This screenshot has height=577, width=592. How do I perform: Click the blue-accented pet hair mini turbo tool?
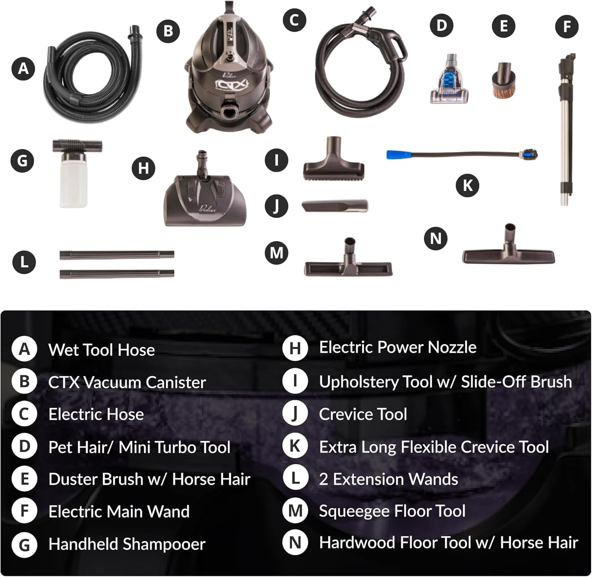[x=449, y=79]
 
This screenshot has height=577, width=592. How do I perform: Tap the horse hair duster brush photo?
[x=504, y=80]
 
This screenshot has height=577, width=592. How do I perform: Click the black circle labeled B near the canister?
[x=168, y=31]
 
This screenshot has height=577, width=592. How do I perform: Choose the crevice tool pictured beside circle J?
[x=335, y=206]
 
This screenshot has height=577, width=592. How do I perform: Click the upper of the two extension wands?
[x=117, y=255]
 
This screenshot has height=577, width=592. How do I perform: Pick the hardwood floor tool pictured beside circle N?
[x=509, y=247]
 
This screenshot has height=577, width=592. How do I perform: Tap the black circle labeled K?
[x=467, y=185]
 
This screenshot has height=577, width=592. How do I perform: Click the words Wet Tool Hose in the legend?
[x=101, y=350]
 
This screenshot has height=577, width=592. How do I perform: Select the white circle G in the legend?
[x=24, y=545]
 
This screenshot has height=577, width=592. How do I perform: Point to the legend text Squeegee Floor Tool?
[x=392, y=511]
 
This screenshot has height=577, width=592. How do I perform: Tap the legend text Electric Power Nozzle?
[x=398, y=347]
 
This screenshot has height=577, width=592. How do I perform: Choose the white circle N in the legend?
[x=295, y=543]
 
